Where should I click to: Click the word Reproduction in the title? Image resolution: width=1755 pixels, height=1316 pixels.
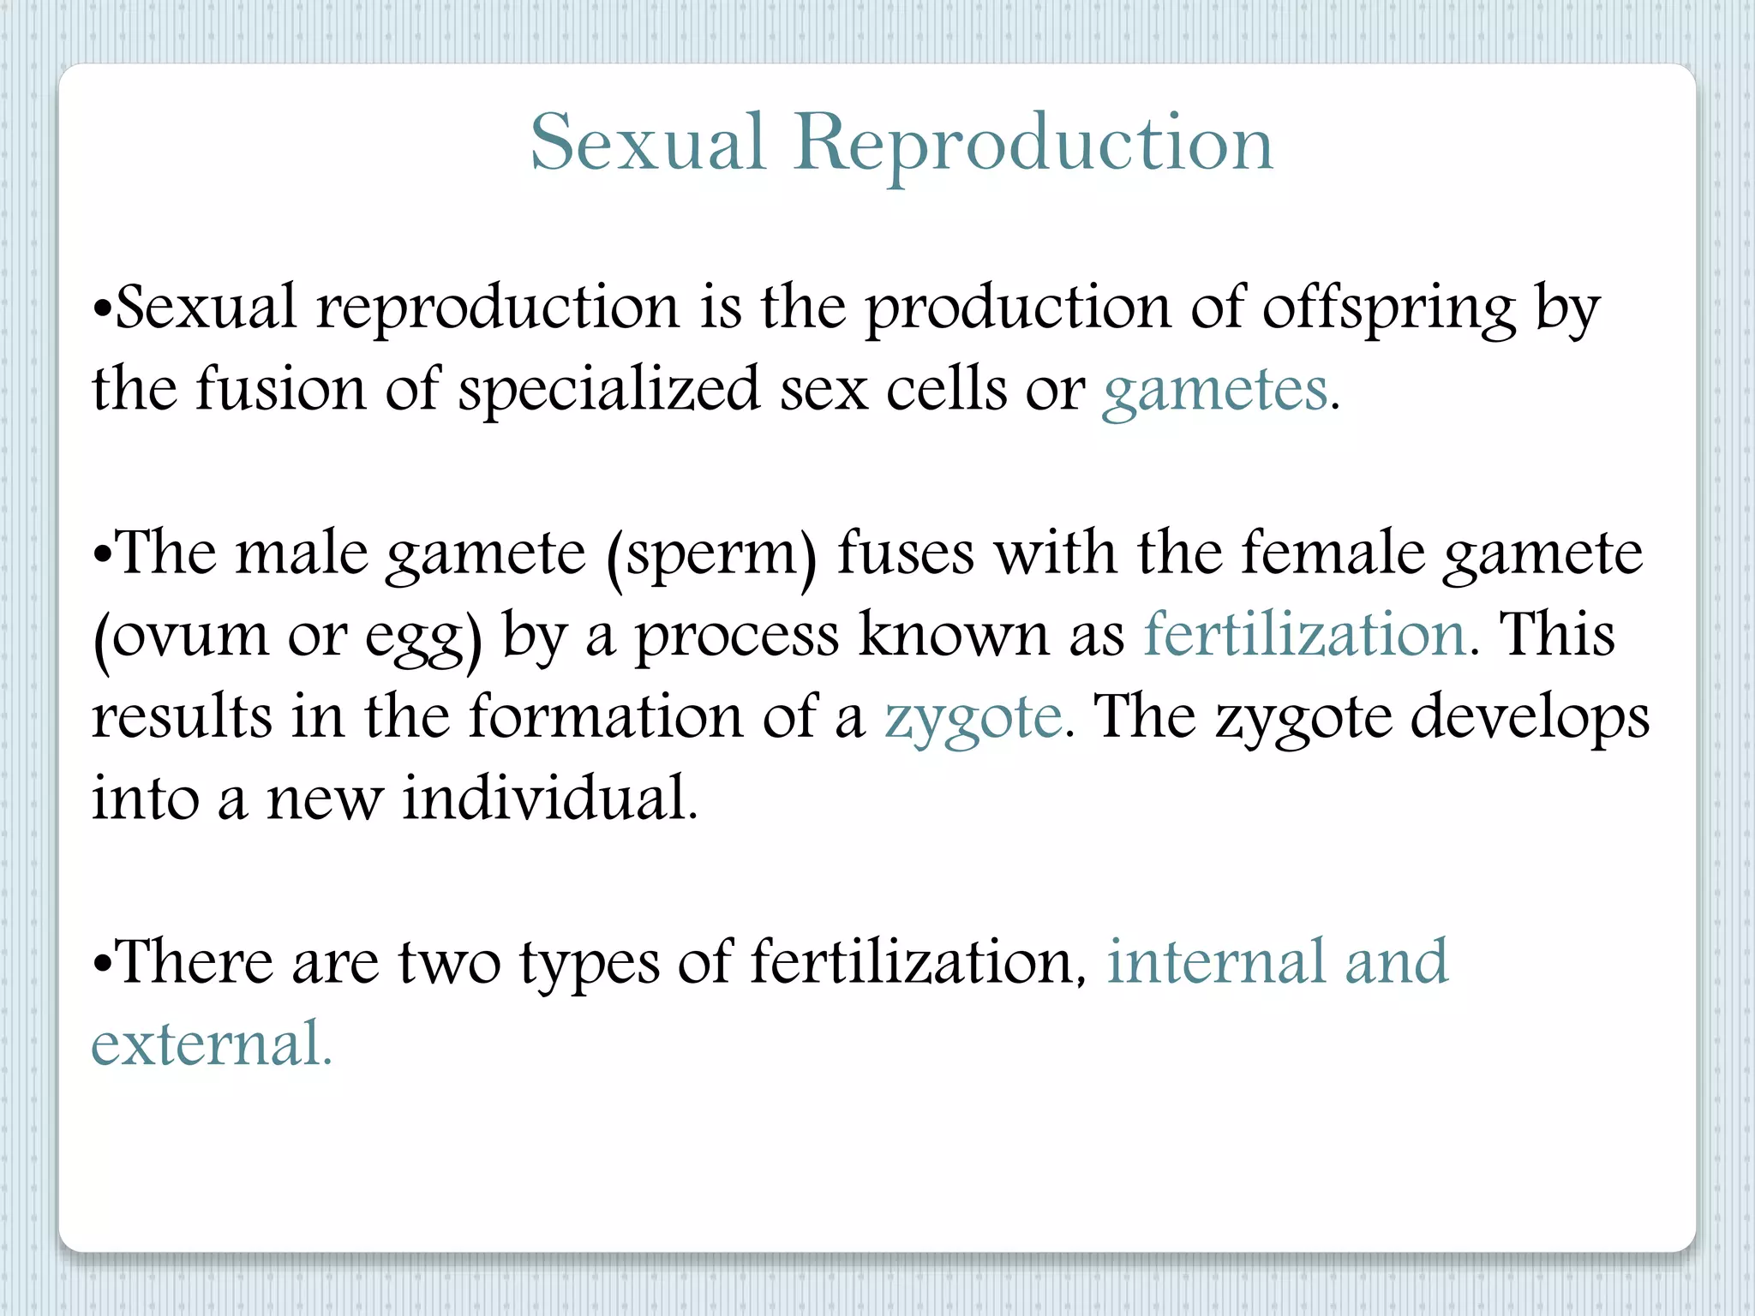[1033, 144]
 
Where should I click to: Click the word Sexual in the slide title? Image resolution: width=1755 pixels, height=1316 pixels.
[647, 144]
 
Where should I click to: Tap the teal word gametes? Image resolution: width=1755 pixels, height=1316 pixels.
[1214, 391]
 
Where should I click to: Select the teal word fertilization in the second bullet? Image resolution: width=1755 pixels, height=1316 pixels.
[1304, 635]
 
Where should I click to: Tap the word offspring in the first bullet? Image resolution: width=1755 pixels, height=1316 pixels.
[1388, 308]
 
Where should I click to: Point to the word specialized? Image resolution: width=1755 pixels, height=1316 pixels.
[608, 391]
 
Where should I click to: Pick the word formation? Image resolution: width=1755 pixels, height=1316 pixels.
[605, 716]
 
